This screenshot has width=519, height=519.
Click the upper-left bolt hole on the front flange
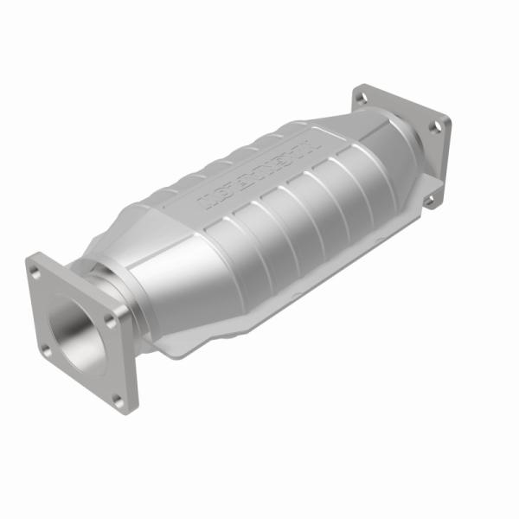click(x=36, y=272)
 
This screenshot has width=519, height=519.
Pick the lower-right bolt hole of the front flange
click(x=116, y=397)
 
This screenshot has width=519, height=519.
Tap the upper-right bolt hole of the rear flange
click(x=435, y=126)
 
